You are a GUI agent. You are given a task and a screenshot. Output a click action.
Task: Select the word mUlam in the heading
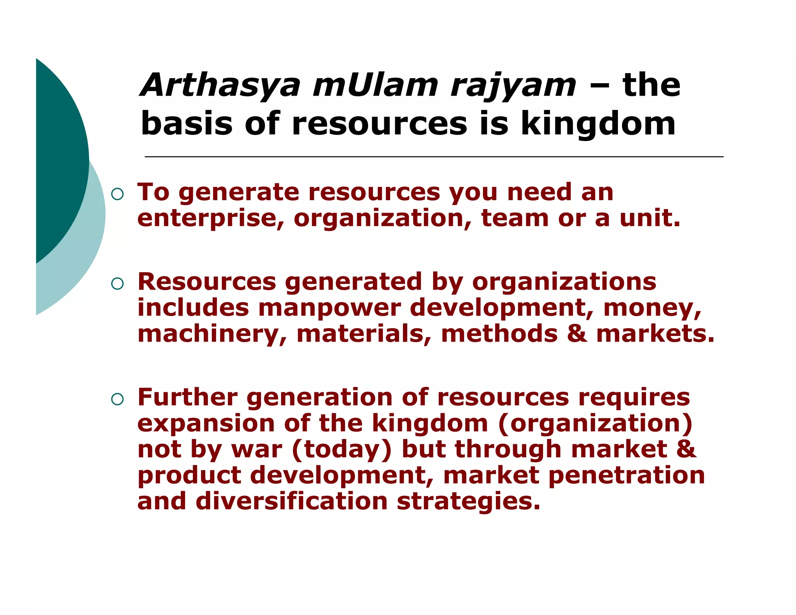tap(375, 86)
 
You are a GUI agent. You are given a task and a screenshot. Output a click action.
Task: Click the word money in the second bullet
tap(652, 308)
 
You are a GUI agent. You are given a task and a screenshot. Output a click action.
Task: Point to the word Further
tap(187, 397)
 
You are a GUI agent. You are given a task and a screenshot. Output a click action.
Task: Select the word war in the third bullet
tap(257, 449)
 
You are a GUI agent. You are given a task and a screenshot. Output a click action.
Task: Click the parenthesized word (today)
tap(342, 450)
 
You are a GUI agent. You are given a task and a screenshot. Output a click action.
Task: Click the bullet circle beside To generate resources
tap(117, 194)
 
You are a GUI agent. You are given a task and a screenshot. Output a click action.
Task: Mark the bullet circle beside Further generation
tap(117, 399)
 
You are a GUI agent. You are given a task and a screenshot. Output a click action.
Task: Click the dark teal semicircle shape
tap(58, 159)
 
